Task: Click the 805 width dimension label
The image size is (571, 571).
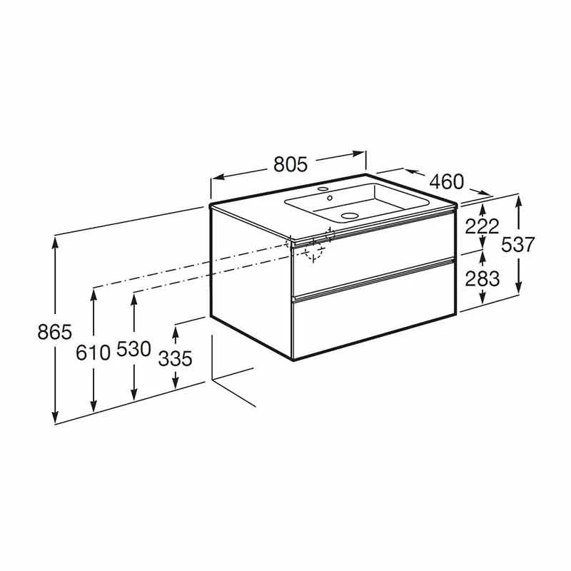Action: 290,165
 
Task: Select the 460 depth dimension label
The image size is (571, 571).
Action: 447,181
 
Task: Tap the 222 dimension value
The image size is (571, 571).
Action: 482,226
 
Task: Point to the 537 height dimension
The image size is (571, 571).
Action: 518,244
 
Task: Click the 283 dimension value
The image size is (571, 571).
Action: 482,278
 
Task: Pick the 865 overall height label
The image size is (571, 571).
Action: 55,331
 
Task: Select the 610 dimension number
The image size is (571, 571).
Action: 94,351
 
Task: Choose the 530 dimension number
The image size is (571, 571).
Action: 133,349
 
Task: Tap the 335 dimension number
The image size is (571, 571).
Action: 175,358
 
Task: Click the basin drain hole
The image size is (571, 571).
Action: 350,214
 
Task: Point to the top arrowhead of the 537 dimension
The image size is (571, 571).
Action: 518,199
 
